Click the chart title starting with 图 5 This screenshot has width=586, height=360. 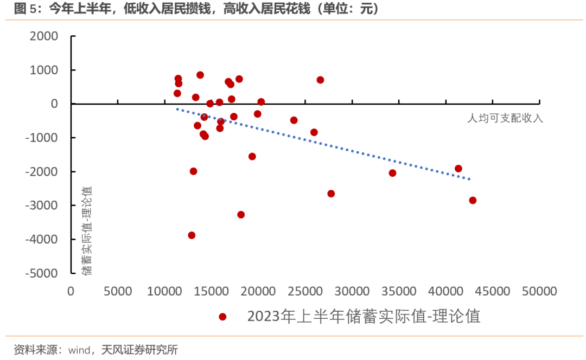[x=195, y=9]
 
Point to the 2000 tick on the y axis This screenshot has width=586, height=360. [x=44, y=36]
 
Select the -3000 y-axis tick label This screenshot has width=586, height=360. [x=41, y=205]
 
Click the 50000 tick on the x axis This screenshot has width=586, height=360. [x=539, y=291]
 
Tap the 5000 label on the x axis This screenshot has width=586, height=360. [x=117, y=291]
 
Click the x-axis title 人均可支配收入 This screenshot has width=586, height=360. [x=505, y=118]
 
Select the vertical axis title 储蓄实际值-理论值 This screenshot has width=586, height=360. [x=87, y=230]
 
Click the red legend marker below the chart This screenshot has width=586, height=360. [x=222, y=317]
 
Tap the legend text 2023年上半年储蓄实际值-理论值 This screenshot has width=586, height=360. [x=364, y=316]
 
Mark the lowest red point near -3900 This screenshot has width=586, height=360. [x=192, y=235]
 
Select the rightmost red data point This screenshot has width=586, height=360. [x=473, y=200]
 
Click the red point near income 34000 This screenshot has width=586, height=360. [x=392, y=173]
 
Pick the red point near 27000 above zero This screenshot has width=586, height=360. [x=320, y=80]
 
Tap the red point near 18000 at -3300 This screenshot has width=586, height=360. [x=241, y=215]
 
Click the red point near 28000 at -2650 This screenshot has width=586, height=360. [x=331, y=194]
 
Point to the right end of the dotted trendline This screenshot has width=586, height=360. [x=470, y=179]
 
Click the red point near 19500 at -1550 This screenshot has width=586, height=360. [x=252, y=157]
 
